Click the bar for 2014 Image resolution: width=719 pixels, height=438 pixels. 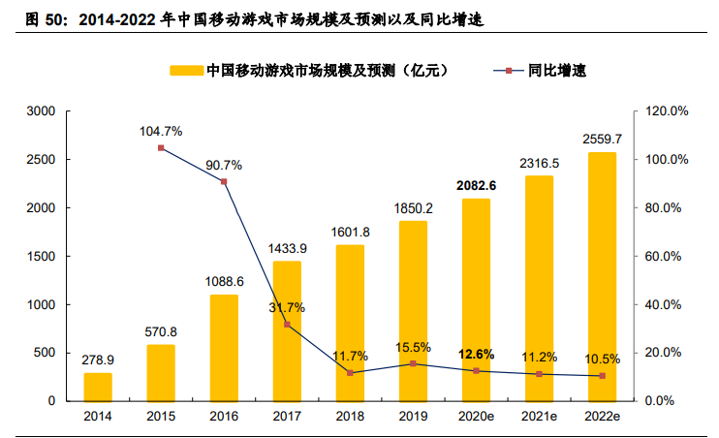(98, 387)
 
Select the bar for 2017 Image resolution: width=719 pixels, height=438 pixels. (287, 330)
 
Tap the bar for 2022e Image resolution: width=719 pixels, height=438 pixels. (602, 276)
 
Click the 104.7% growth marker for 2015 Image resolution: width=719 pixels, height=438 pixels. (161, 148)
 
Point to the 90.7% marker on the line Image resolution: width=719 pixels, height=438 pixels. (224, 182)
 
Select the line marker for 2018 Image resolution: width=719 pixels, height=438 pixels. (350, 372)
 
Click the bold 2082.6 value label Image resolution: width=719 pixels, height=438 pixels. (476, 185)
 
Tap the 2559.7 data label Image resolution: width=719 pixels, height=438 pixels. (602, 140)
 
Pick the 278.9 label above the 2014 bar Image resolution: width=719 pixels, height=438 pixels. (98, 360)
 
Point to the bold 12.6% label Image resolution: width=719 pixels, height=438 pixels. (476, 354)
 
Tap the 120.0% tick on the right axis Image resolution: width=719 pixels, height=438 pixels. (667, 111)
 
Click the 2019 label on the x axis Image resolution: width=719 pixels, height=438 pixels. (413, 417)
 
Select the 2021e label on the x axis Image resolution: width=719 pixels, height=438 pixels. (539, 417)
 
